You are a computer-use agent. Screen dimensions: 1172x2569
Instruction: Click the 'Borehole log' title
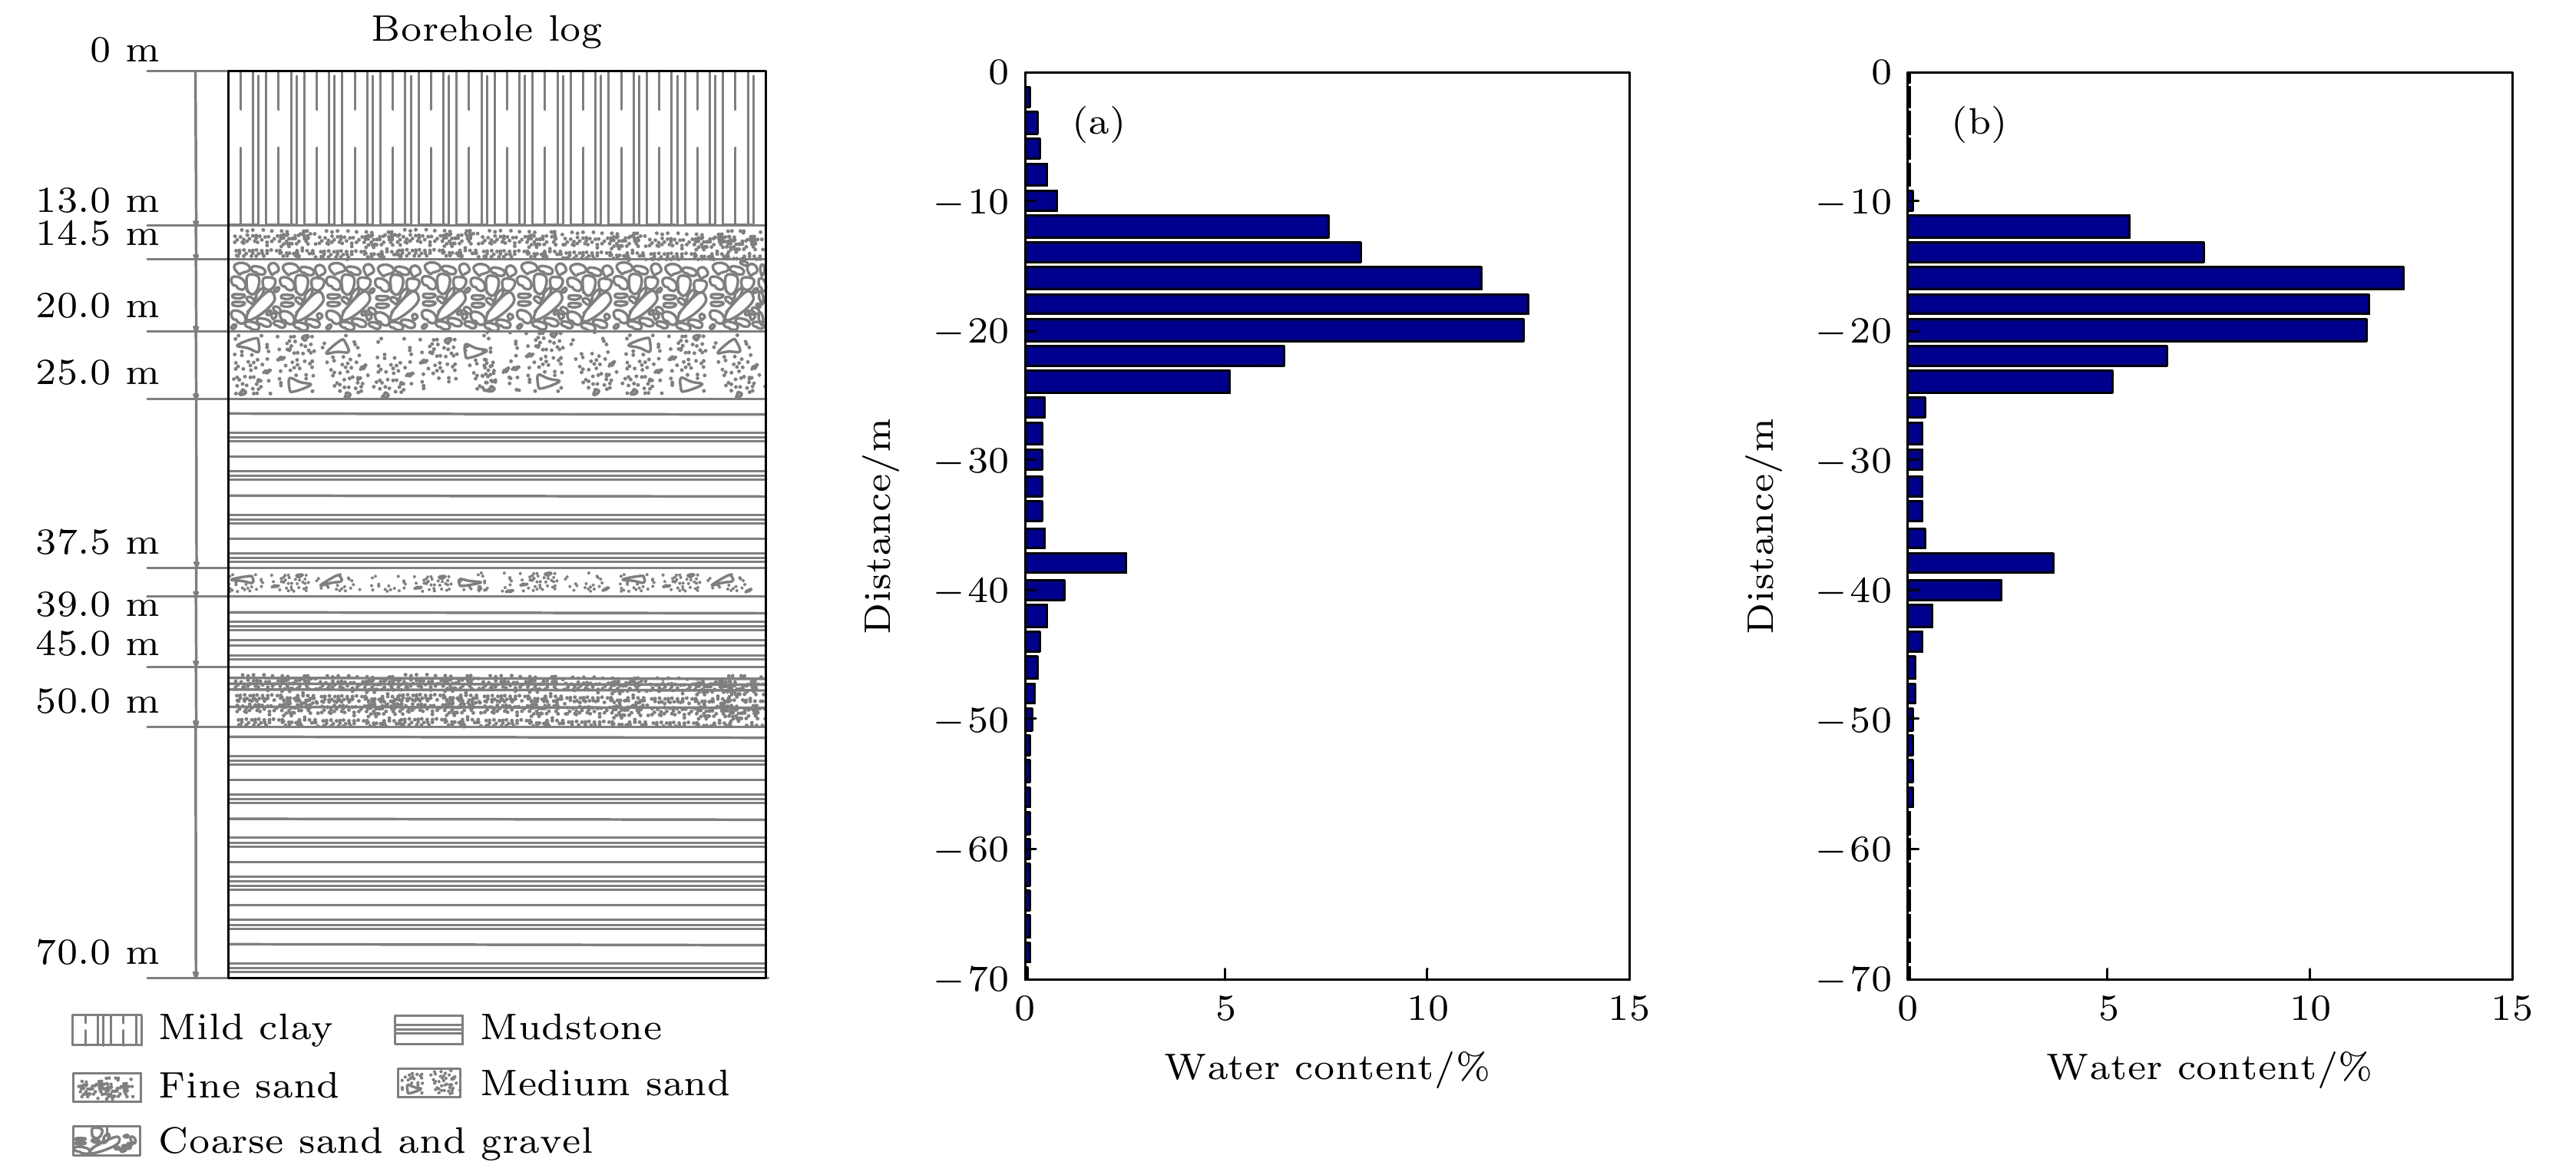tap(487, 31)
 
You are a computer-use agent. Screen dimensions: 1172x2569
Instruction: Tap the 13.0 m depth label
tap(98, 201)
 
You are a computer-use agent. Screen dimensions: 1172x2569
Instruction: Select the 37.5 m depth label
tap(98, 543)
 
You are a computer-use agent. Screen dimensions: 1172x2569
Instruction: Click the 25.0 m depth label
tap(98, 373)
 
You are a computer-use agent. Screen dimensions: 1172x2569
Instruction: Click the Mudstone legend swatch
tap(429, 1029)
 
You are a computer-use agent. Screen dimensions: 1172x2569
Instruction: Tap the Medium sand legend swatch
tap(429, 1084)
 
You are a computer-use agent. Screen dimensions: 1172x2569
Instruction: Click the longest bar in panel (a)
tap(1277, 304)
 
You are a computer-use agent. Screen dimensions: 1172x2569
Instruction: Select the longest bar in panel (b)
tap(2155, 278)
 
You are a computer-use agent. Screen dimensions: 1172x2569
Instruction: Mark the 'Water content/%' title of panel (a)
tap(1327, 1068)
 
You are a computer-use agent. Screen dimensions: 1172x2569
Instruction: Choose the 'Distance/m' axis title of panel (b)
tap(1762, 525)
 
